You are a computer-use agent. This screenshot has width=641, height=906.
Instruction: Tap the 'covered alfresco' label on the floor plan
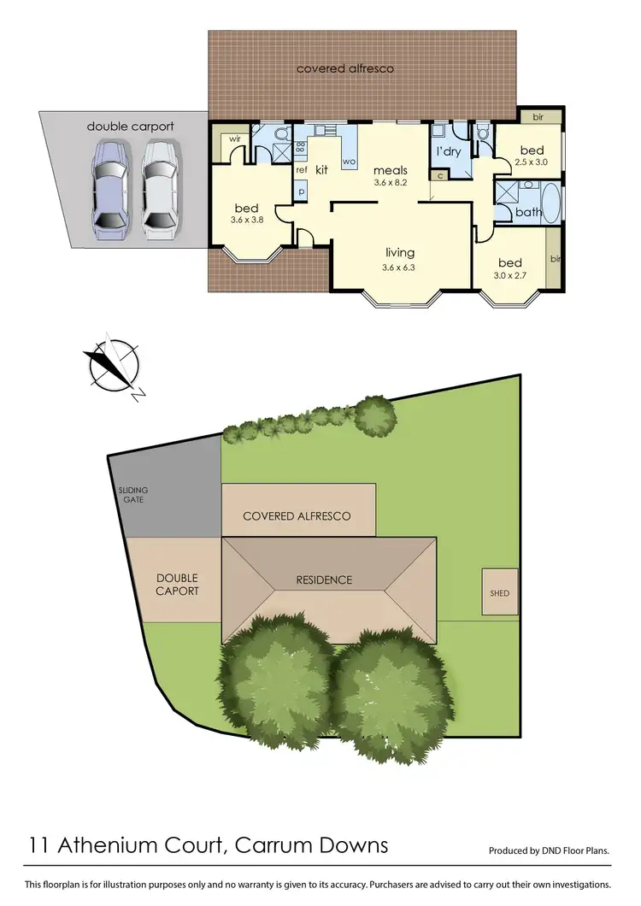345,68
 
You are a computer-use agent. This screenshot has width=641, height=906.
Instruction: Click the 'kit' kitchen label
322,170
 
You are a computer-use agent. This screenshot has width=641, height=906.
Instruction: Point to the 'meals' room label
390,169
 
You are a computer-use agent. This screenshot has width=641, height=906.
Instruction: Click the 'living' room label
399,252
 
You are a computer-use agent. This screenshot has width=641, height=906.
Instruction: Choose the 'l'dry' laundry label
450,151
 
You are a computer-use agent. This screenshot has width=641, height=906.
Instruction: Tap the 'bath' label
528,212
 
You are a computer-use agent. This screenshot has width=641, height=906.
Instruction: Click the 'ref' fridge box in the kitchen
301,170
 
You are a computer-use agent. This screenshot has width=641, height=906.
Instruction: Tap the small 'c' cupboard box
440,175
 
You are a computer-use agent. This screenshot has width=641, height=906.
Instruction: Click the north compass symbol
114,365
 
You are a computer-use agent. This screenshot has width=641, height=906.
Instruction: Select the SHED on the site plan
500,592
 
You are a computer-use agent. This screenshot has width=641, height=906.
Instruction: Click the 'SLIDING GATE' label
132,495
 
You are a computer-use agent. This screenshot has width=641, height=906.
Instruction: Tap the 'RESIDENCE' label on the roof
324,579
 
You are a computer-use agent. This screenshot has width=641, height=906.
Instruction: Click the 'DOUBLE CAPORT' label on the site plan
177,585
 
